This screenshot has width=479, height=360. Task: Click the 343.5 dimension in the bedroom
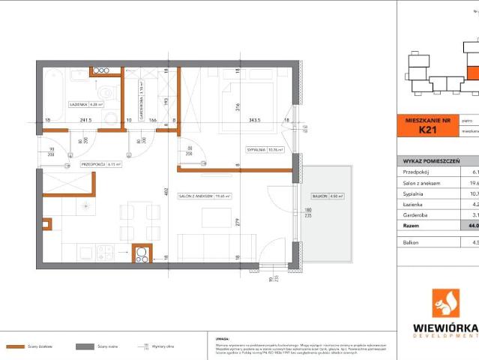[259, 119]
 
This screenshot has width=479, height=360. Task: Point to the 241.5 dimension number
[85, 119]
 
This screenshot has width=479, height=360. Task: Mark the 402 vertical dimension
[169, 191]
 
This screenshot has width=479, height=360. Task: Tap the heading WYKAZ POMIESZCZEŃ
[433, 160]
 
